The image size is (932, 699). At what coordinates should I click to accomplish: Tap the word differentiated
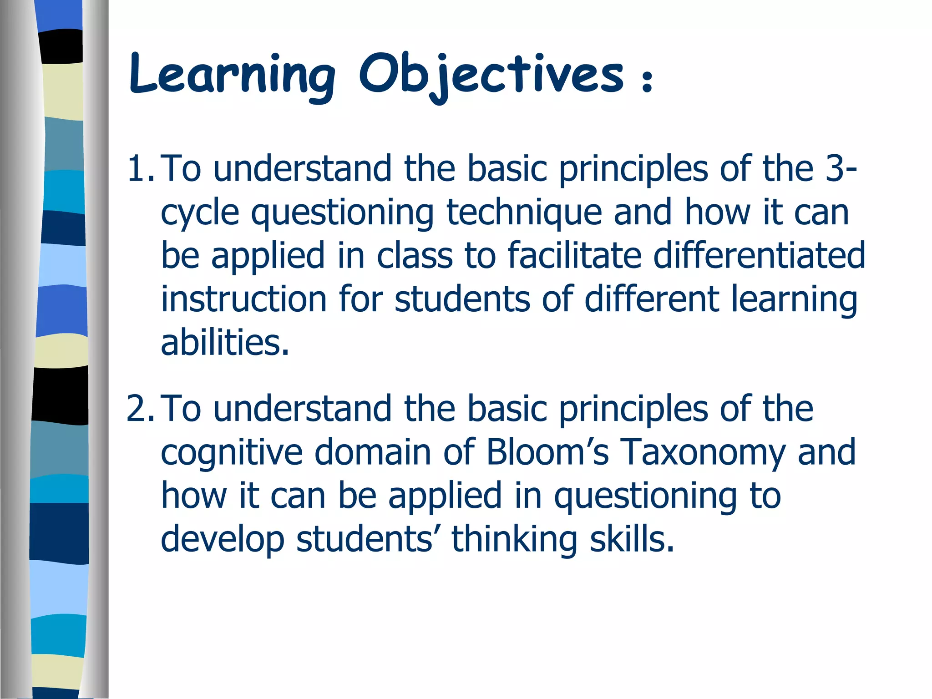coord(759,256)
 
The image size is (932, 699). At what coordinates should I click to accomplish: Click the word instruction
coord(244,299)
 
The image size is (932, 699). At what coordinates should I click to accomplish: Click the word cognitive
coord(232,453)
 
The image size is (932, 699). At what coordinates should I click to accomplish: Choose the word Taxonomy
coord(704,453)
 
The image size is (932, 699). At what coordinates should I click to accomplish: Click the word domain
coord(373,452)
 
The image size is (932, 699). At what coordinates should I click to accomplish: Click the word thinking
coord(515,540)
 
